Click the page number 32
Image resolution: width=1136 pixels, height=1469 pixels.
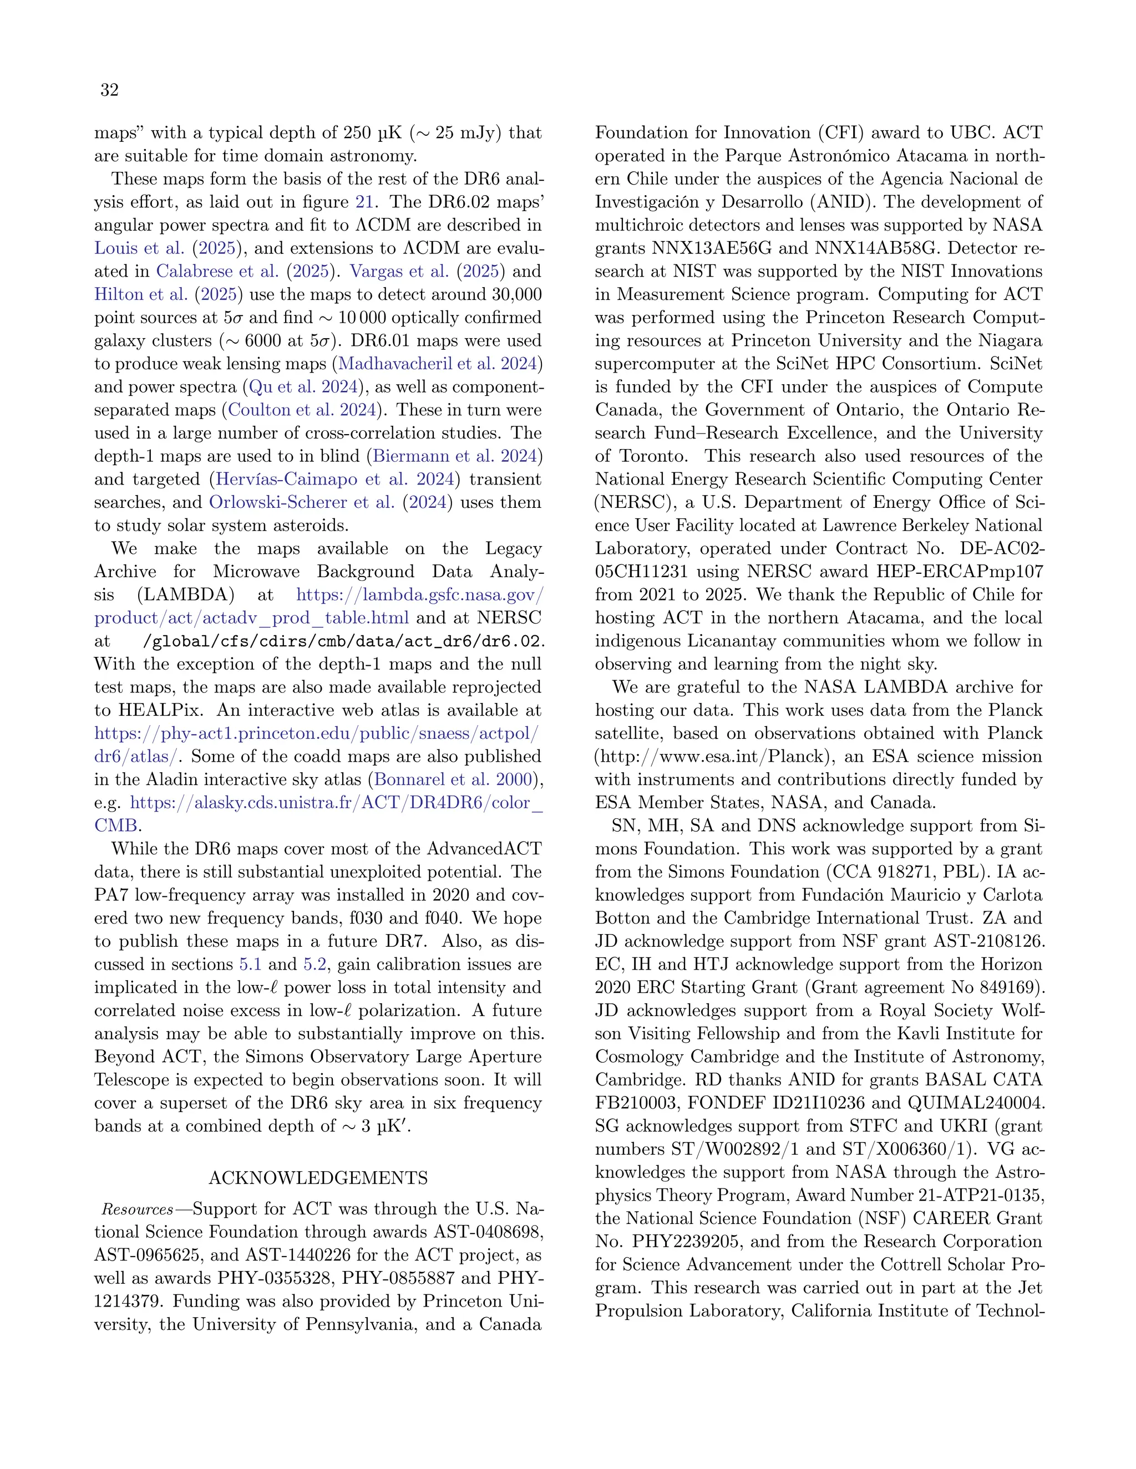pos(110,90)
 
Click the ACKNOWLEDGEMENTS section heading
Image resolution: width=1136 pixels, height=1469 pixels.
pos(318,1178)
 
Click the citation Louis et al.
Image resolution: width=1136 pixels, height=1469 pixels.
pos(139,248)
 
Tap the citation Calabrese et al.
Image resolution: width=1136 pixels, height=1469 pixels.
pos(217,271)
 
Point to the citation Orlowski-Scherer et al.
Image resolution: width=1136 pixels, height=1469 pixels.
pos(302,502)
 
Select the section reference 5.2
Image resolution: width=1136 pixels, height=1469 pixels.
pos(315,964)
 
